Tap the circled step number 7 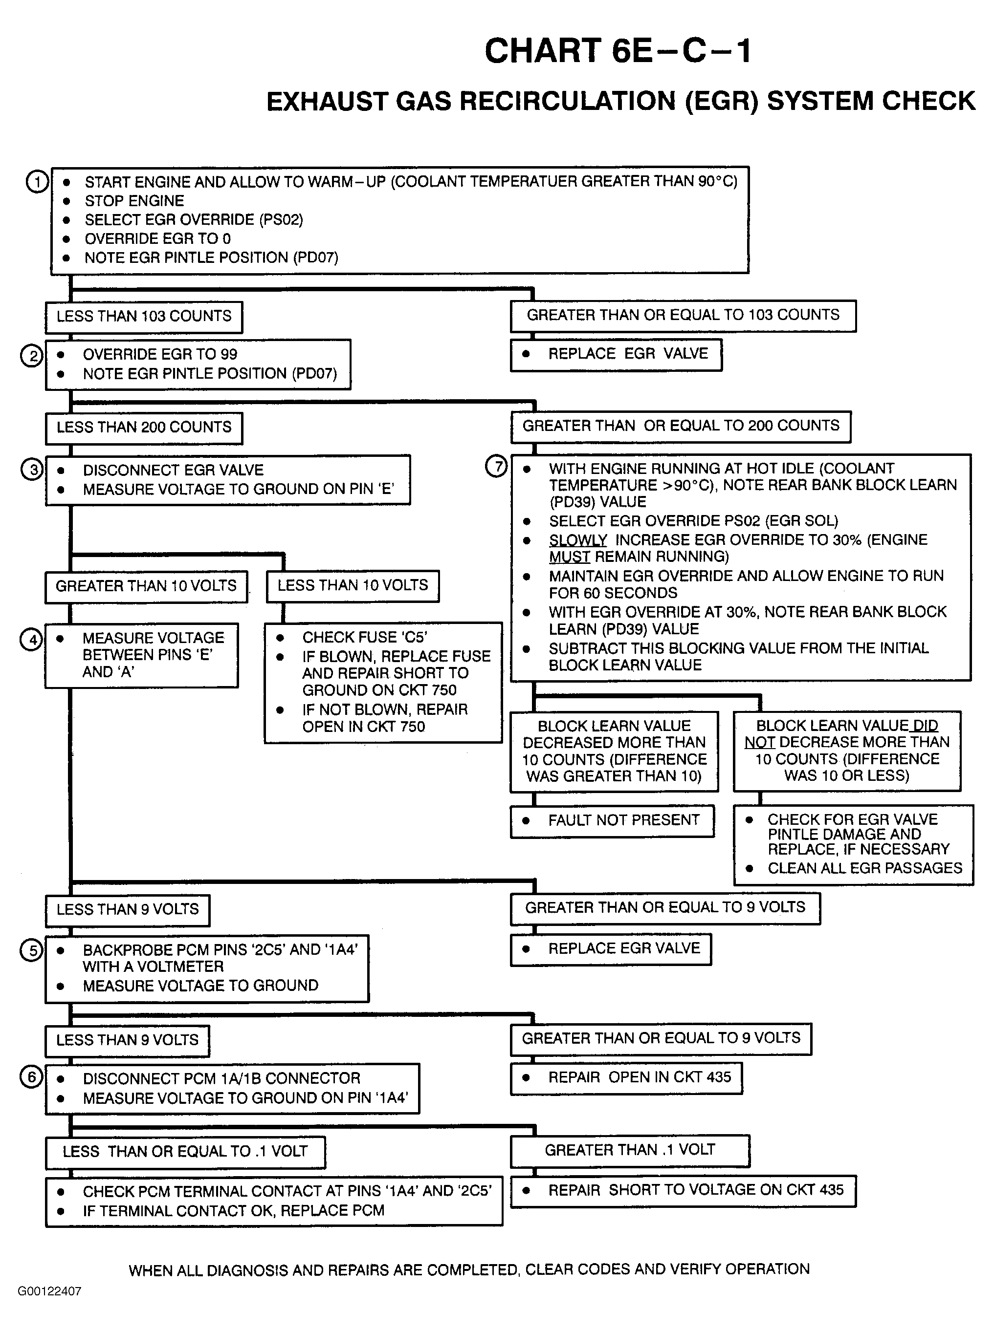(496, 466)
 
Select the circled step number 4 (32, 639)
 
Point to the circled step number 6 (32, 1076)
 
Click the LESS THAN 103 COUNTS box (144, 317)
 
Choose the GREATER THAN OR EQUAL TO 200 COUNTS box (681, 427)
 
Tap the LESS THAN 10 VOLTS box (353, 586)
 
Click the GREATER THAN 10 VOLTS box (146, 586)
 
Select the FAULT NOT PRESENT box (613, 820)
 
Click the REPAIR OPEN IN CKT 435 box (626, 1077)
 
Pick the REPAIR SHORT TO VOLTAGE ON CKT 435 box (683, 1190)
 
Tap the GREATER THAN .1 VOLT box (630, 1150)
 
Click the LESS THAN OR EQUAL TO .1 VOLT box (185, 1152)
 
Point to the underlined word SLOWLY (577, 540)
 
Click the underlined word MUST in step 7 (569, 557)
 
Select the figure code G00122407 (49, 1291)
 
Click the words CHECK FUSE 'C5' (365, 638)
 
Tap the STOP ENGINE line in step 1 (134, 201)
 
